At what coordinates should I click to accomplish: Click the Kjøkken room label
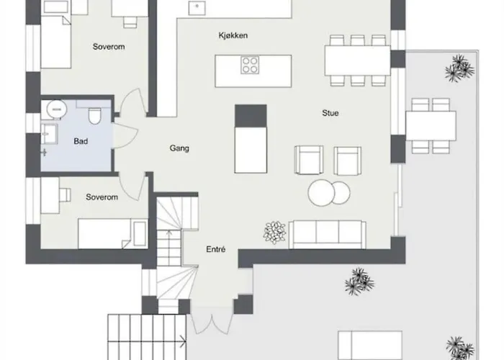click(233, 35)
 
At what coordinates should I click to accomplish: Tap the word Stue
click(330, 113)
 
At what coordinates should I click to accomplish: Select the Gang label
click(179, 148)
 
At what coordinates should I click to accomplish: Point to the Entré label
click(216, 250)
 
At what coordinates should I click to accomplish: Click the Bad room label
click(81, 141)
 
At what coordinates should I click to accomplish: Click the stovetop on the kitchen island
click(251, 66)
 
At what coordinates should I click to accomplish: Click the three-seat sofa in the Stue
click(327, 234)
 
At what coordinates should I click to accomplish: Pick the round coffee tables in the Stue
click(329, 192)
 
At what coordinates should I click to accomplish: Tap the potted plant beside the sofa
click(274, 232)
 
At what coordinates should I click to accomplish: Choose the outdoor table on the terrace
click(431, 126)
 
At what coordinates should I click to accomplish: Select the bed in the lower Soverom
click(112, 234)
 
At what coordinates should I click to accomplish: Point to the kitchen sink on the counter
click(195, 6)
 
